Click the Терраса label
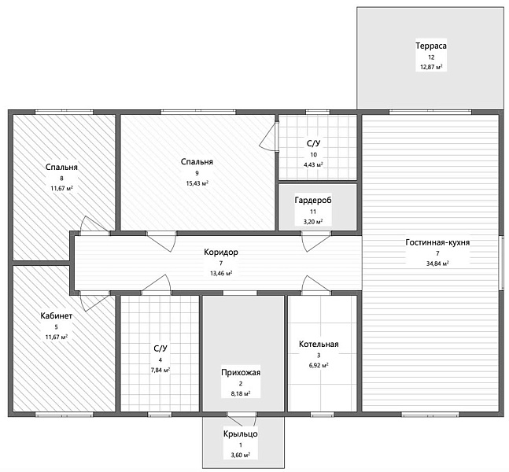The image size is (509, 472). point(431,46)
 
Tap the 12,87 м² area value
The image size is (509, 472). point(431,67)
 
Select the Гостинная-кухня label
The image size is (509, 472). point(437,242)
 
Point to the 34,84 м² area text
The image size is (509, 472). point(437,264)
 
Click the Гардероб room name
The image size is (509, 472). point(313,201)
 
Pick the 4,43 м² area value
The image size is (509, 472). point(313,164)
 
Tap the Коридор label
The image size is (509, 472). point(221,253)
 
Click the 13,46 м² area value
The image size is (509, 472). point(221,273)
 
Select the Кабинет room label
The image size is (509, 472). point(57,315)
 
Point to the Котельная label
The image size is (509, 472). point(319,344)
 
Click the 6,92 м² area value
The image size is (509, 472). point(319,365)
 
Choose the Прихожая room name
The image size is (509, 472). point(241,372)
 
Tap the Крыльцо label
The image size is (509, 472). point(241,434)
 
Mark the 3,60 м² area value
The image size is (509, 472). point(241,455)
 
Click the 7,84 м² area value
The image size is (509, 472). point(160,370)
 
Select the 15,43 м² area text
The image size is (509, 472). point(197,183)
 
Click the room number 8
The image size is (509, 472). point(61,178)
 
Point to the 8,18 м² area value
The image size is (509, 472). point(241,393)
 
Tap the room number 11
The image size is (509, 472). point(313,212)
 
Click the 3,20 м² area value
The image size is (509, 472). point(313,222)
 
